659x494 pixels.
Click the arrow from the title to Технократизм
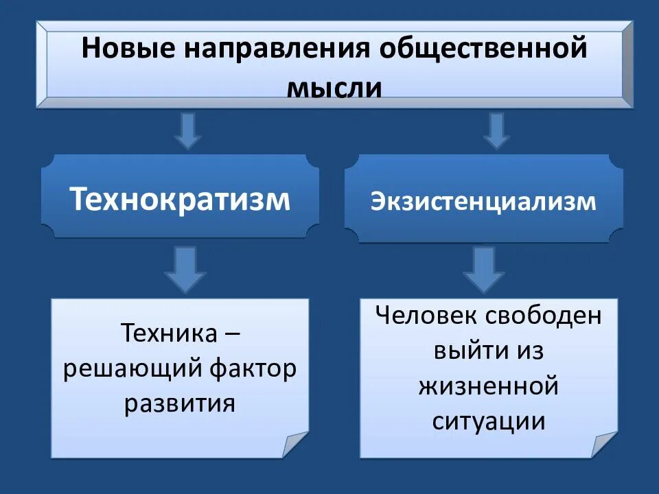[187, 131]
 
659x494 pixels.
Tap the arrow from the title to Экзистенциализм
[496, 131]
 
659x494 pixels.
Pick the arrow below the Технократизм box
[184, 269]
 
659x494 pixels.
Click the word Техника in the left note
[169, 334]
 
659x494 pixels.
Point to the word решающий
[130, 368]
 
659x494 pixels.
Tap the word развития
[180, 403]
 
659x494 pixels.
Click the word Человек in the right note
[424, 316]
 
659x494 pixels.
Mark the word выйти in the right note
[465, 351]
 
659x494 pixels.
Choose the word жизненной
[488, 386]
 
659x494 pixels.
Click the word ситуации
[488, 421]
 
